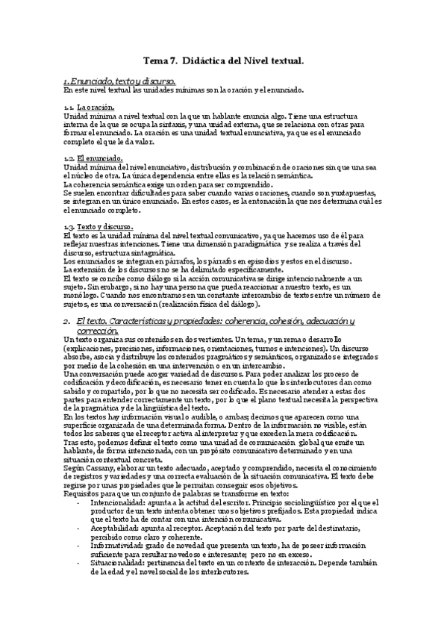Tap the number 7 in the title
click(x=174, y=65)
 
